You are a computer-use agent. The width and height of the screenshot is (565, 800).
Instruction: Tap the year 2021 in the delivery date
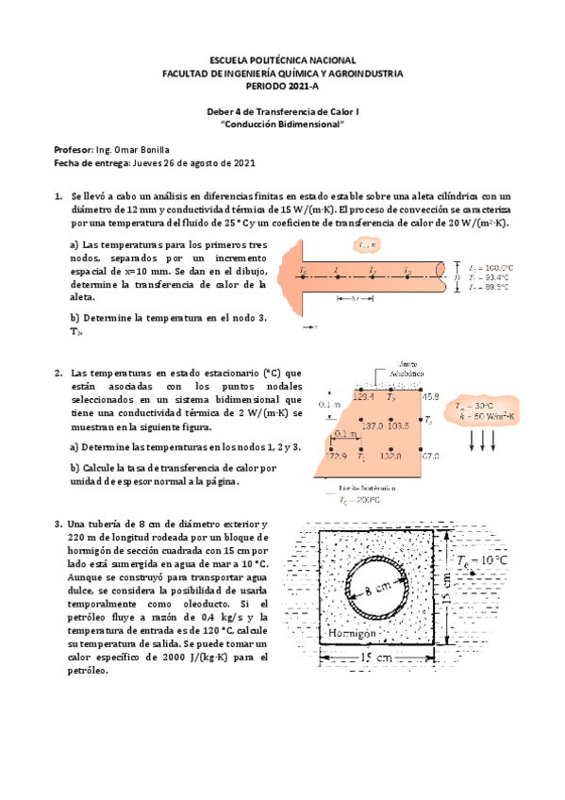coord(241,163)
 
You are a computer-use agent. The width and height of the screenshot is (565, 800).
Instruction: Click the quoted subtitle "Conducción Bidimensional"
coord(282,125)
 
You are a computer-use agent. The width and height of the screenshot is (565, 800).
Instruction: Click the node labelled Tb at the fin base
coord(303,272)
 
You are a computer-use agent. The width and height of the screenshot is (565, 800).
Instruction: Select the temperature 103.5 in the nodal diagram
coord(397,426)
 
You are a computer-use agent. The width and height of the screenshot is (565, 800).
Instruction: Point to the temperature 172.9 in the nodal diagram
coord(336,457)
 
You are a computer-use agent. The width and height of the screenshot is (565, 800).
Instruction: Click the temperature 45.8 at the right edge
coord(430,397)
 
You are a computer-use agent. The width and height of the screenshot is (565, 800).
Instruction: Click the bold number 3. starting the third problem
coord(59,525)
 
